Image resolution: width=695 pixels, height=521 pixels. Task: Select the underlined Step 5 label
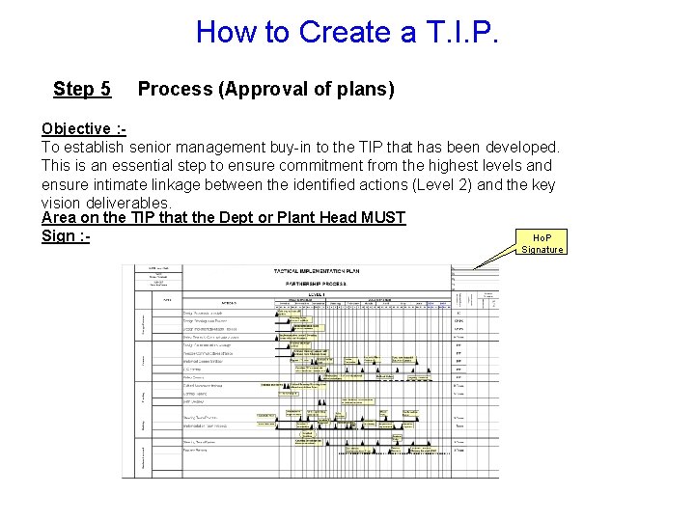(x=82, y=89)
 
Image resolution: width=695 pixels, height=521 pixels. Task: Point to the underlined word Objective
(x=75, y=129)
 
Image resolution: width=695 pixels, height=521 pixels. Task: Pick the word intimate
(x=120, y=184)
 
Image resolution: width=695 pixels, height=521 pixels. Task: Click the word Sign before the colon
(x=59, y=235)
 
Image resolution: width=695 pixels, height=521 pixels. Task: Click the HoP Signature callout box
(x=542, y=243)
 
